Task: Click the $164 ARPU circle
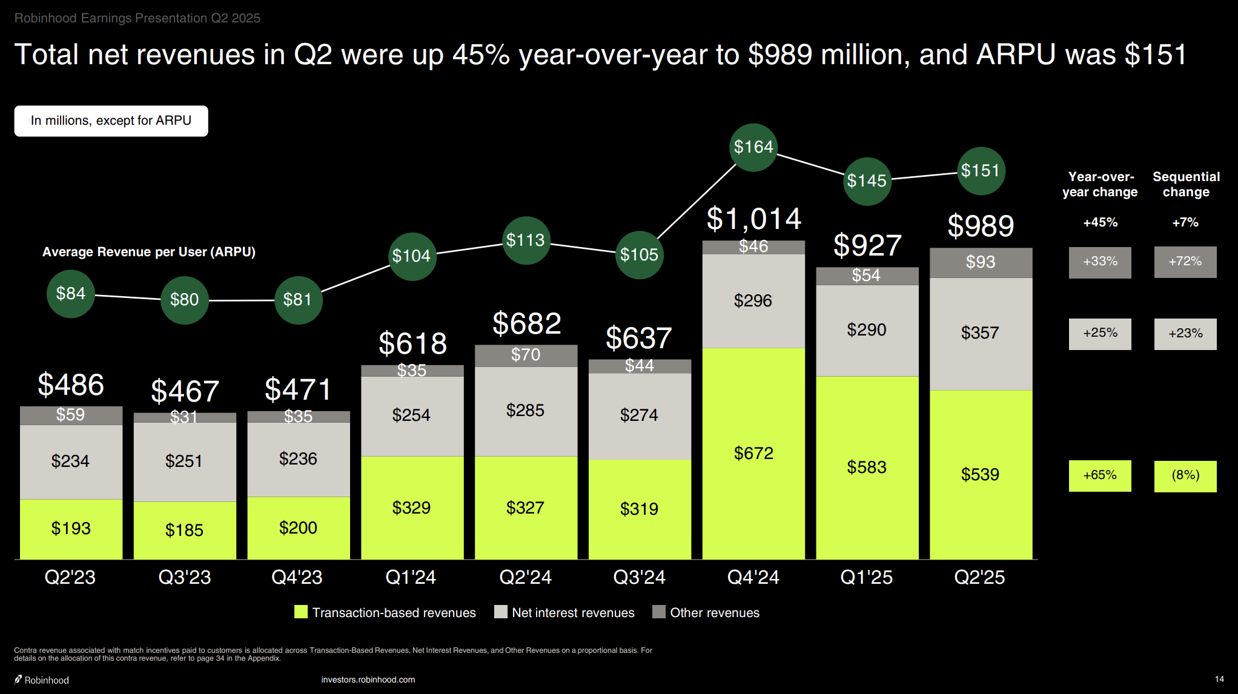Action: coord(753,147)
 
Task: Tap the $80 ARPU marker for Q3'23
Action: coord(185,300)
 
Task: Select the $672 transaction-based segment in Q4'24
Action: coord(753,453)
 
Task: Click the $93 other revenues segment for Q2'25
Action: coord(981,262)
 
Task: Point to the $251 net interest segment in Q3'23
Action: coord(185,461)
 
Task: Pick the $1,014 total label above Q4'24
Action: coord(753,219)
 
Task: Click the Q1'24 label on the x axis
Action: coord(411,577)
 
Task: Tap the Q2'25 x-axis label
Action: coord(979,577)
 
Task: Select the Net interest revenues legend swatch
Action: coord(501,612)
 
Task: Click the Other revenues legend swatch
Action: coord(659,612)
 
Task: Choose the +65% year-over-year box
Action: coord(1100,475)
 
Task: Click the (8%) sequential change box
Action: coord(1185,475)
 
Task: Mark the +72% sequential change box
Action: coord(1185,262)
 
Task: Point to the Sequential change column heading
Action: coord(1186,184)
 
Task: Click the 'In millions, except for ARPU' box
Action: coord(111,121)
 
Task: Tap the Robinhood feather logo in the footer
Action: coord(18,679)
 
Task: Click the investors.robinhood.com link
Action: coord(368,679)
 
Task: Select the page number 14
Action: coord(1219,679)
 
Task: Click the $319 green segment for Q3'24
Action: coord(640,509)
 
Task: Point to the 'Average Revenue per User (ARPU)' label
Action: coord(149,252)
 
